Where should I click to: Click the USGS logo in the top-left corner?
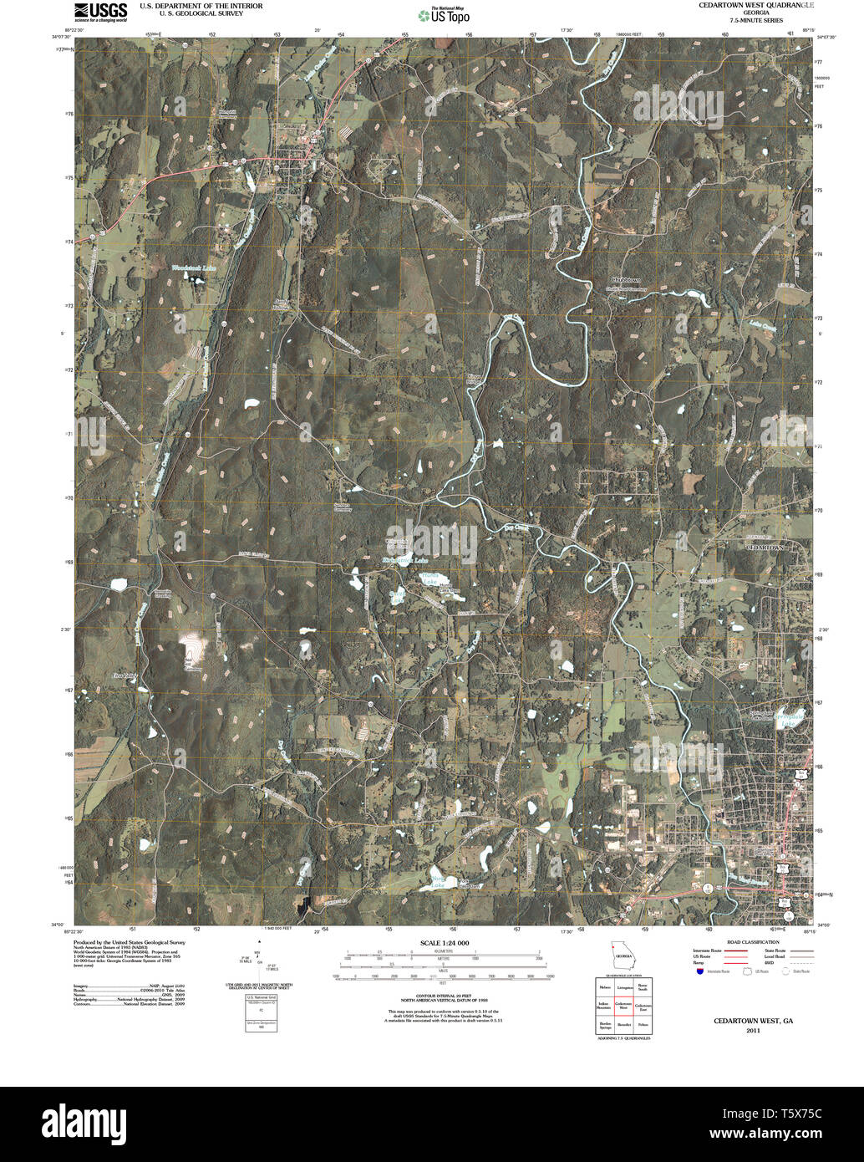100,12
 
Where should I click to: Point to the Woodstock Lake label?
193,268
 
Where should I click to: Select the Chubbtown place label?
625,280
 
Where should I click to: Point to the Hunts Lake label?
429,580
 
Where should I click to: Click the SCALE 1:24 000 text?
444,943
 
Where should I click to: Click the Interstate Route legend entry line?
736,951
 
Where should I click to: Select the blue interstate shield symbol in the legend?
699,971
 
